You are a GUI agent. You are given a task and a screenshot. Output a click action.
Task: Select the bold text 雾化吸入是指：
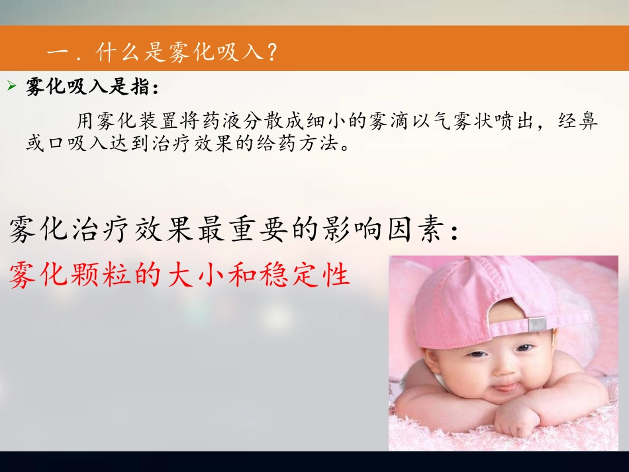[92, 87]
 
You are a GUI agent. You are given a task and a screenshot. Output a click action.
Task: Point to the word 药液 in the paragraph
[248, 122]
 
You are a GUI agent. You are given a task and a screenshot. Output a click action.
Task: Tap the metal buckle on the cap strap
[536, 324]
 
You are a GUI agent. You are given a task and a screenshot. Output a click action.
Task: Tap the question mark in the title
[268, 51]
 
